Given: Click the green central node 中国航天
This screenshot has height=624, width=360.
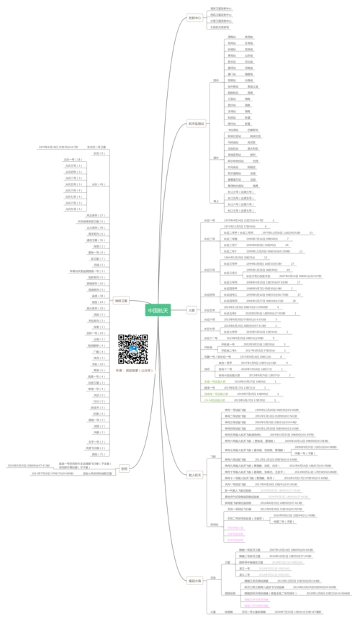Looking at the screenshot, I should point(158,310).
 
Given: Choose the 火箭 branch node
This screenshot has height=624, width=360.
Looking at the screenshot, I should point(191,310).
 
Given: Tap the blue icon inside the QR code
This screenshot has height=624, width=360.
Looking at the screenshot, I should point(132,350).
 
